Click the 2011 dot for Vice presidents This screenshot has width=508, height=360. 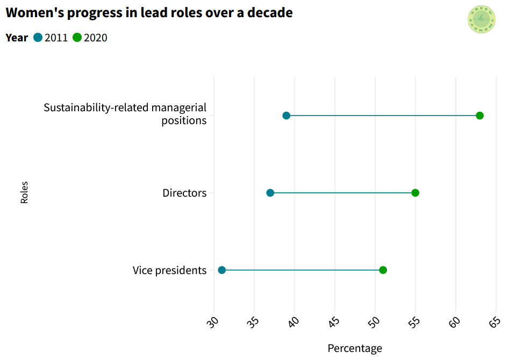(221, 270)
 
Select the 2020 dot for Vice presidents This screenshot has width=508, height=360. (383, 270)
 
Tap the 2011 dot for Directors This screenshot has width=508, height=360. (270, 193)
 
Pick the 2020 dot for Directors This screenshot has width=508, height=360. (415, 193)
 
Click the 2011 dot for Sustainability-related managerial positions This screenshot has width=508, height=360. (286, 116)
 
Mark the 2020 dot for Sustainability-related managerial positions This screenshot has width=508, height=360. (480, 116)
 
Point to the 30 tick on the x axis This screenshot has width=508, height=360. (213, 322)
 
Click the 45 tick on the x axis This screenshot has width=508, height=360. (334, 322)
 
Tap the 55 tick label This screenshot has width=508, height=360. (415, 322)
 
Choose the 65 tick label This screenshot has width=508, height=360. (495, 322)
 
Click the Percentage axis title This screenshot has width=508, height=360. (355, 348)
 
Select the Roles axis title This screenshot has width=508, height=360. (24, 192)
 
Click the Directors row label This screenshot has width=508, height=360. (184, 193)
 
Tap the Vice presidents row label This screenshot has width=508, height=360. (169, 270)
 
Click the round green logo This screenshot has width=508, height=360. (482, 20)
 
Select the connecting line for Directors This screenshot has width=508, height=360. (342, 193)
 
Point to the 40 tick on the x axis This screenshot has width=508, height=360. (294, 322)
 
